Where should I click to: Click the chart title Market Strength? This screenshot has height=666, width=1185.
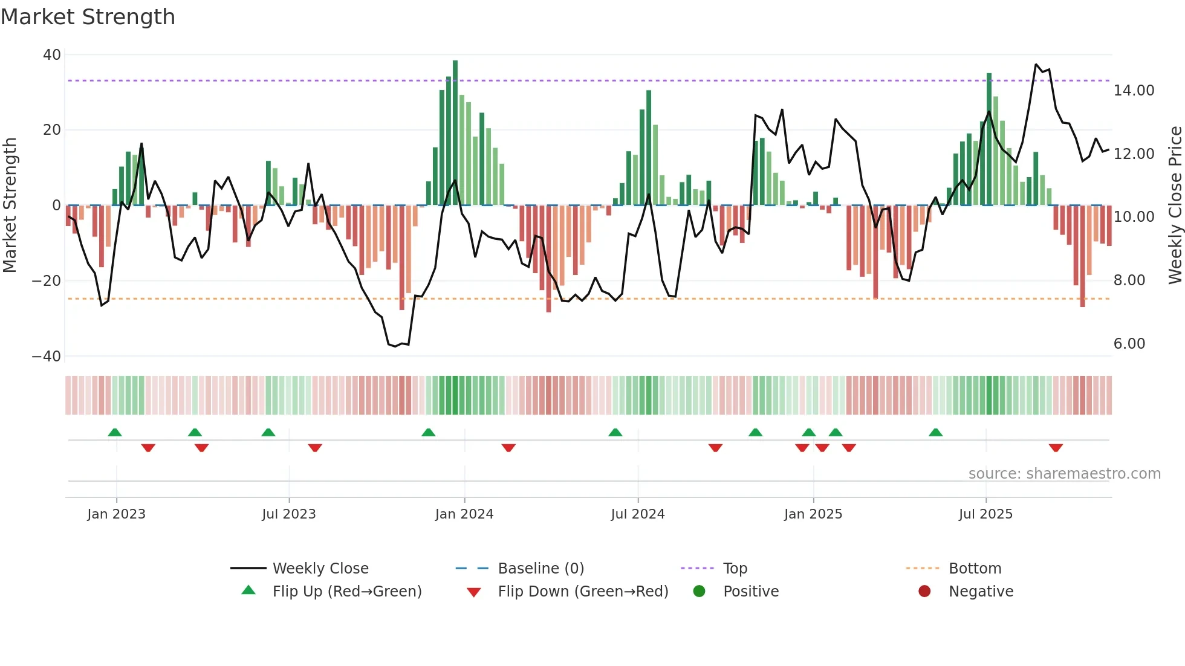tap(88, 17)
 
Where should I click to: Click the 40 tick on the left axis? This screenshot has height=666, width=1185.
tap(52, 55)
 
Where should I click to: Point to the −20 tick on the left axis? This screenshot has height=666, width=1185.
tap(47, 281)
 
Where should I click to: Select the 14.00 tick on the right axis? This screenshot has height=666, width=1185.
tap(1134, 91)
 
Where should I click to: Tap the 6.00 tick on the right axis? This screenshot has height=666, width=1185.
tap(1129, 344)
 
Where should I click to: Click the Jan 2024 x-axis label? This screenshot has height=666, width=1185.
tap(464, 514)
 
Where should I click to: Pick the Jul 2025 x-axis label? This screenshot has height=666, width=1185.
tap(985, 514)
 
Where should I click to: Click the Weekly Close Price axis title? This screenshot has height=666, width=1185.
tap(1175, 205)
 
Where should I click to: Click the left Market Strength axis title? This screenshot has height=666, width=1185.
tap(10, 205)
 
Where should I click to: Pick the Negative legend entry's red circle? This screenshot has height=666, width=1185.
tap(924, 592)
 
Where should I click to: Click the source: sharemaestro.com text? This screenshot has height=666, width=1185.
tap(1064, 474)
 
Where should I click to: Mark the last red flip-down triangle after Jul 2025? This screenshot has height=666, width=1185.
tap(1056, 448)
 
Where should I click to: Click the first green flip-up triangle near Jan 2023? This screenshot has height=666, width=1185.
tap(115, 432)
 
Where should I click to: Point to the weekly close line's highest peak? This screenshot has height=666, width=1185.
tap(1036, 65)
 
